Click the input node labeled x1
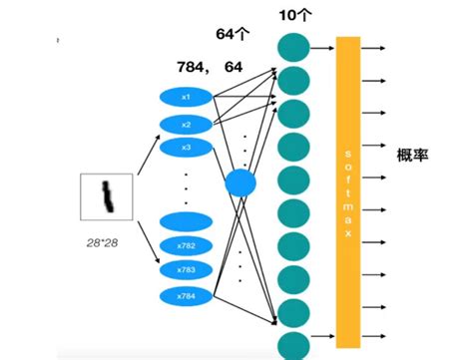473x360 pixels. coord(185,98)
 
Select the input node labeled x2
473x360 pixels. coord(185,123)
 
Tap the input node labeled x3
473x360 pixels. coord(185,147)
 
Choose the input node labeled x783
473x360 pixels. coord(185,270)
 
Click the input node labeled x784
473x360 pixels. coord(185,295)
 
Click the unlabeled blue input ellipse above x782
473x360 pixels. coord(185,221)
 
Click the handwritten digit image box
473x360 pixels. coord(107,196)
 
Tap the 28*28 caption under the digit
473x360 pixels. coord(106,242)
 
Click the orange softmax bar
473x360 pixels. coord(347,190)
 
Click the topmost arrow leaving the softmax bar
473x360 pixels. coord(373,46)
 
